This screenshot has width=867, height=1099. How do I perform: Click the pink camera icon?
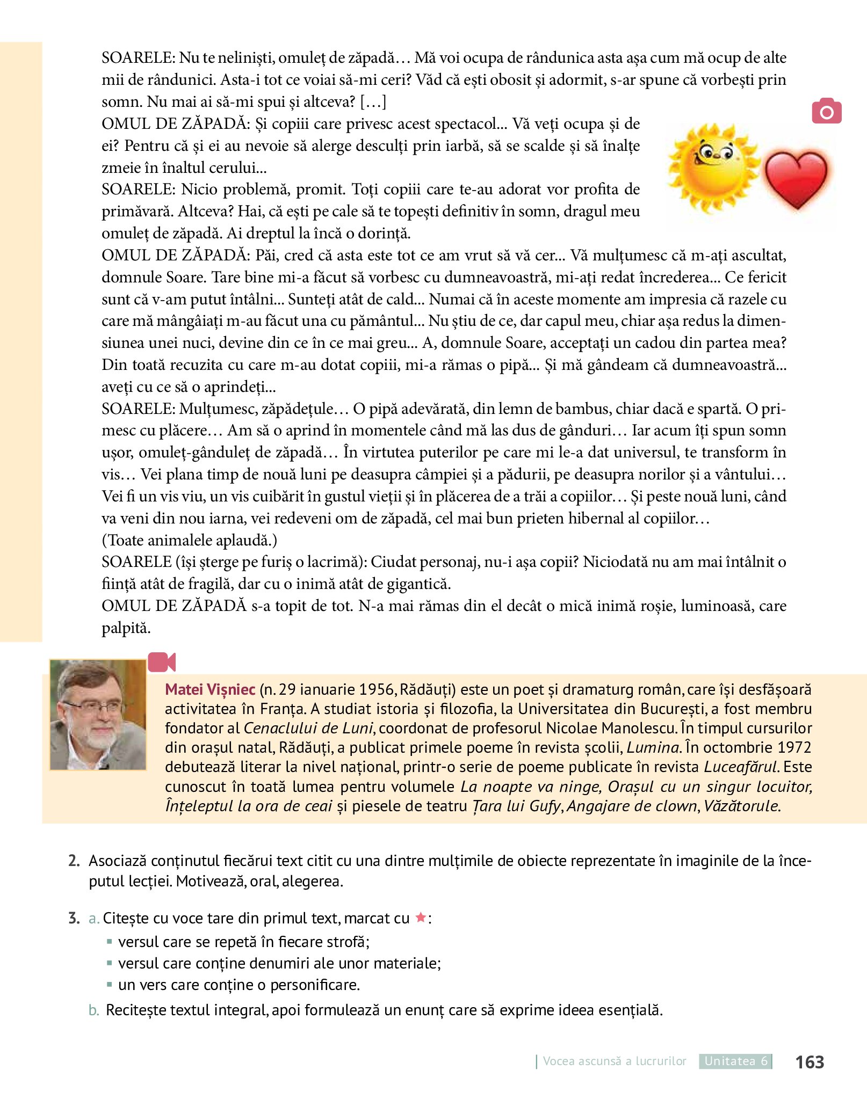826,111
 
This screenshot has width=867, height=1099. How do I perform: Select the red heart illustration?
796,179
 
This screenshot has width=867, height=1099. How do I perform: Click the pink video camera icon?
162,662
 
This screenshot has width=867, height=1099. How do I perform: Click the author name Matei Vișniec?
210,689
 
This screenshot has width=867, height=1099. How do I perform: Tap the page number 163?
809,1062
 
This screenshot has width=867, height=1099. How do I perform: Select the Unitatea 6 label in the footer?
735,1061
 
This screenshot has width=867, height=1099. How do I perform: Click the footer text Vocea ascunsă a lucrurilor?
614,1061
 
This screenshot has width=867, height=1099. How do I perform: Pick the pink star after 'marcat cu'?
421,918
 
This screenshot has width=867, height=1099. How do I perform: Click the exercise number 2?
74,861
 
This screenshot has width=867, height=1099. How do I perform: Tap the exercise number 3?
74,918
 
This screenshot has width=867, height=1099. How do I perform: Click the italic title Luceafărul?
741,767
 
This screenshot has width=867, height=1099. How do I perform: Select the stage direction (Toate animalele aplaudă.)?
190,540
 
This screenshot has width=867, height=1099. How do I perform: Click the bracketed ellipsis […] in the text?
373,101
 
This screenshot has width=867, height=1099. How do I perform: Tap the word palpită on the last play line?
126,628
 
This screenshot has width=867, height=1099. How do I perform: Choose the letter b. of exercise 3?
94,1010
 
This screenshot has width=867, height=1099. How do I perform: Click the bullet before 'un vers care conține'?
110,985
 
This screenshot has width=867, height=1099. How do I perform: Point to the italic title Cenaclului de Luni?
308,728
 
